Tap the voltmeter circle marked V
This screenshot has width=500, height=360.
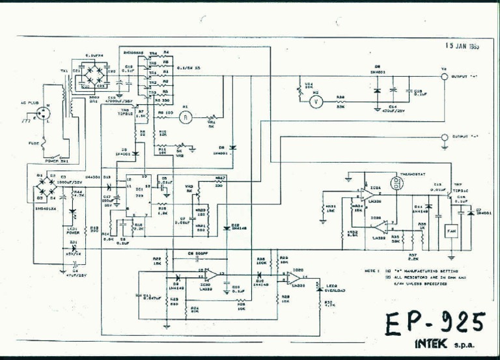click(x=315, y=101)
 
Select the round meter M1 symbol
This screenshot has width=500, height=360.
click(x=185, y=117)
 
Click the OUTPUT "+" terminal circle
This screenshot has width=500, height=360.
click(x=445, y=77)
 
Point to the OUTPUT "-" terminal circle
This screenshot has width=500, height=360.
click(x=445, y=137)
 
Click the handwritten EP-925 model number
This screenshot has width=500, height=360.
click(x=434, y=322)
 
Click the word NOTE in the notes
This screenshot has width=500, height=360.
click(x=370, y=270)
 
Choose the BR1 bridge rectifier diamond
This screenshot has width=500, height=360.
click(x=91, y=77)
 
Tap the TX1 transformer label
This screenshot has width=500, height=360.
click(x=64, y=70)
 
